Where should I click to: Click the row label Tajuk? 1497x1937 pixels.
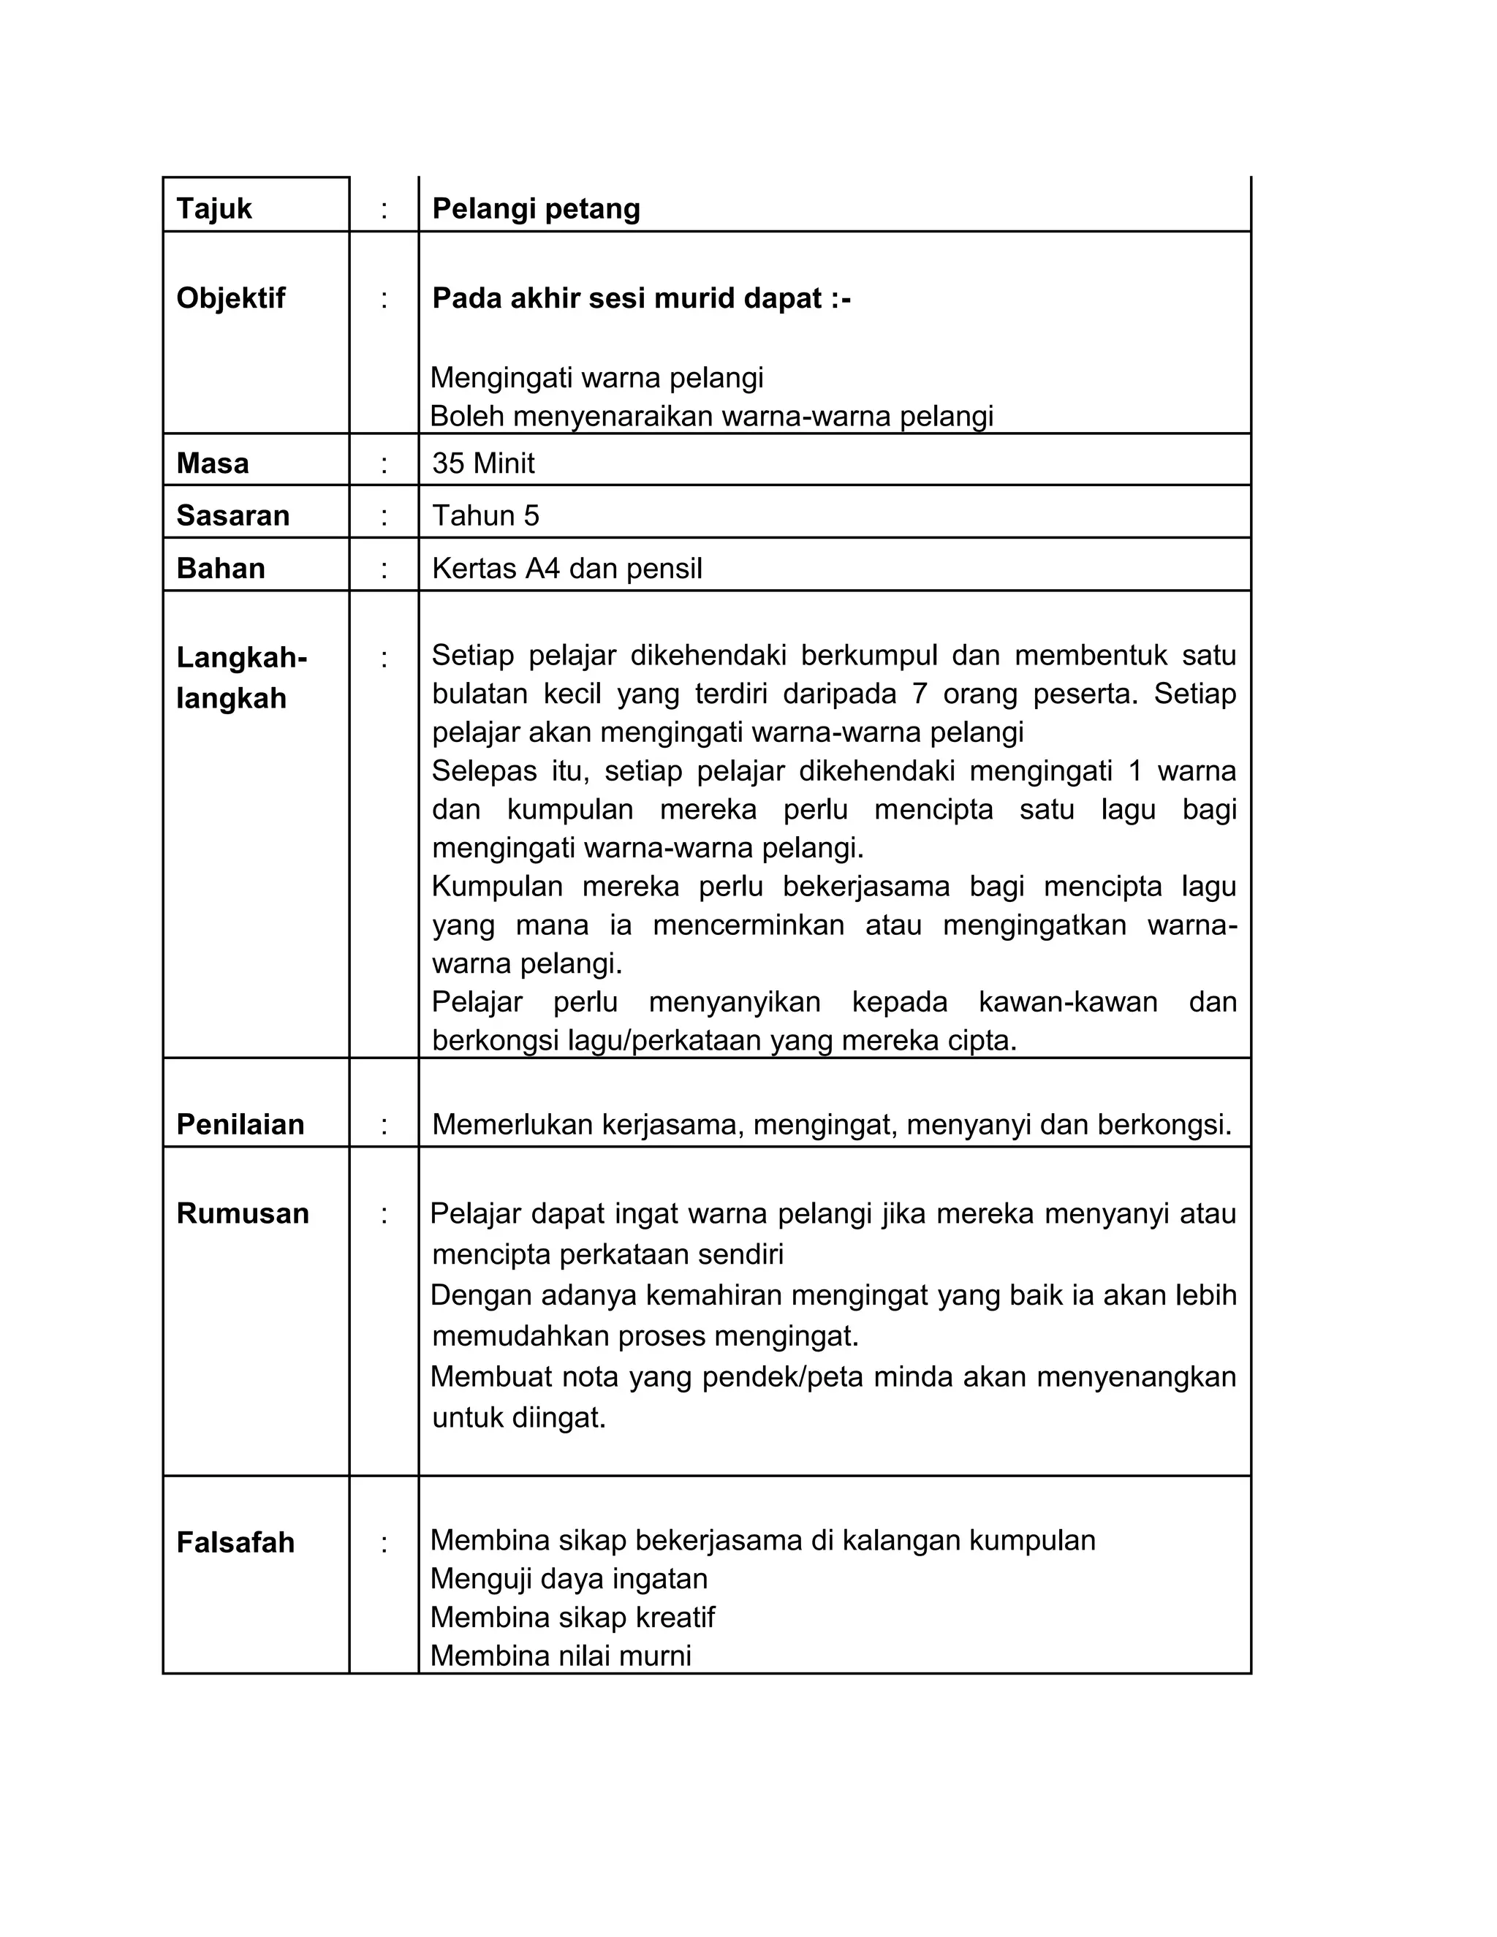click(213, 208)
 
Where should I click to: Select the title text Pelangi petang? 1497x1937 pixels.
click(536, 208)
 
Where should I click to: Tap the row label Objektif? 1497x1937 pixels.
click(230, 298)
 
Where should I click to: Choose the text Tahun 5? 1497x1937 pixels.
click(485, 515)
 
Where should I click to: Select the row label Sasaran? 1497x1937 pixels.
click(233, 515)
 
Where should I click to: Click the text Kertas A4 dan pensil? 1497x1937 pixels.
click(566, 569)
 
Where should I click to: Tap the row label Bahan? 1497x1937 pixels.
click(221, 569)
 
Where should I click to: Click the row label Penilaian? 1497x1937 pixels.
click(240, 1125)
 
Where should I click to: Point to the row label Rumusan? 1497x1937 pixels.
click(243, 1213)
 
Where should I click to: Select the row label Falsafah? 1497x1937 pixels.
click(236, 1542)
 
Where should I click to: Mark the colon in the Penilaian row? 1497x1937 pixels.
click(384, 1126)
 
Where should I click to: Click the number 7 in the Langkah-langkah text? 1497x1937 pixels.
click(920, 694)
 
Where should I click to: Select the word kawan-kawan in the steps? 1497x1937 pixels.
click(1068, 1002)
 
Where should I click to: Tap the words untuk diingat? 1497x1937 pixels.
click(519, 1417)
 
